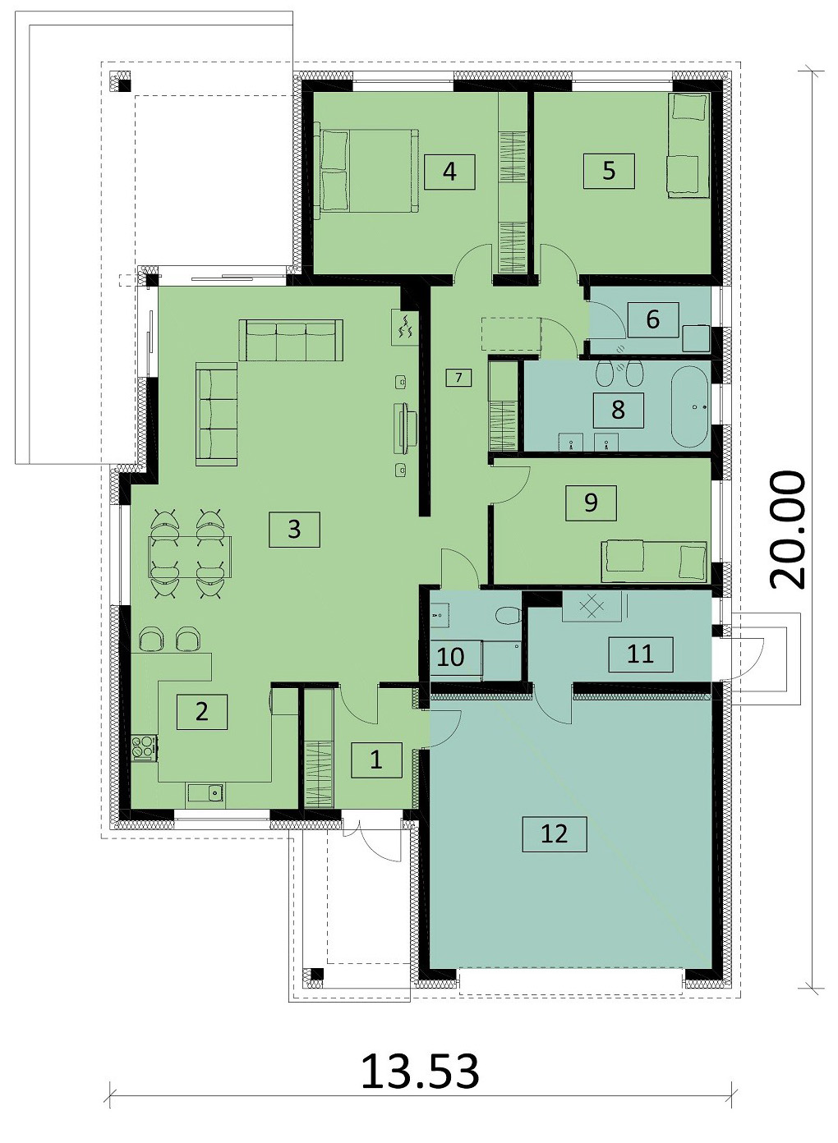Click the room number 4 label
449,172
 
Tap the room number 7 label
458,378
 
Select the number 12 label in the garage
554,833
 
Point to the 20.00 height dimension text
788,530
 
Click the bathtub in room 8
689,406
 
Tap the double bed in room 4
366,171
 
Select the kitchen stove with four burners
145,747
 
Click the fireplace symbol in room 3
406,327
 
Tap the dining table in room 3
190,556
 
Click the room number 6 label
653,319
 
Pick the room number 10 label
451,657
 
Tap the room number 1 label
376,760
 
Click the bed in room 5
688,145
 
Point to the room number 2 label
202,711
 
